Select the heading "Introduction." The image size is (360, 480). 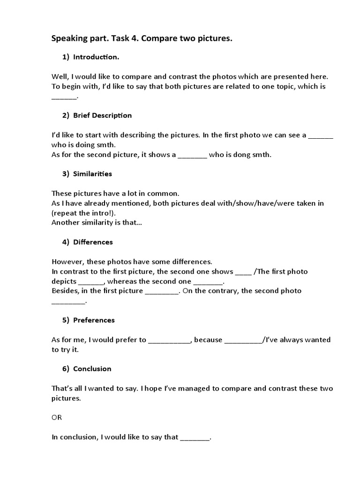point(96,57)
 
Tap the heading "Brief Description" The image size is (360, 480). point(102,115)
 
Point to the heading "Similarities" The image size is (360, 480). point(92,174)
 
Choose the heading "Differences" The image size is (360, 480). point(93,242)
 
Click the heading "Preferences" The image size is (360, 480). point(94,320)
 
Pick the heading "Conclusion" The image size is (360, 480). point(92,369)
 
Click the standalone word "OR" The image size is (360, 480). point(56,417)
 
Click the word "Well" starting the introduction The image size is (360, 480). point(59,76)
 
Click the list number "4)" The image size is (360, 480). point(66,242)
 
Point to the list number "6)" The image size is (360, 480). point(66,369)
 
